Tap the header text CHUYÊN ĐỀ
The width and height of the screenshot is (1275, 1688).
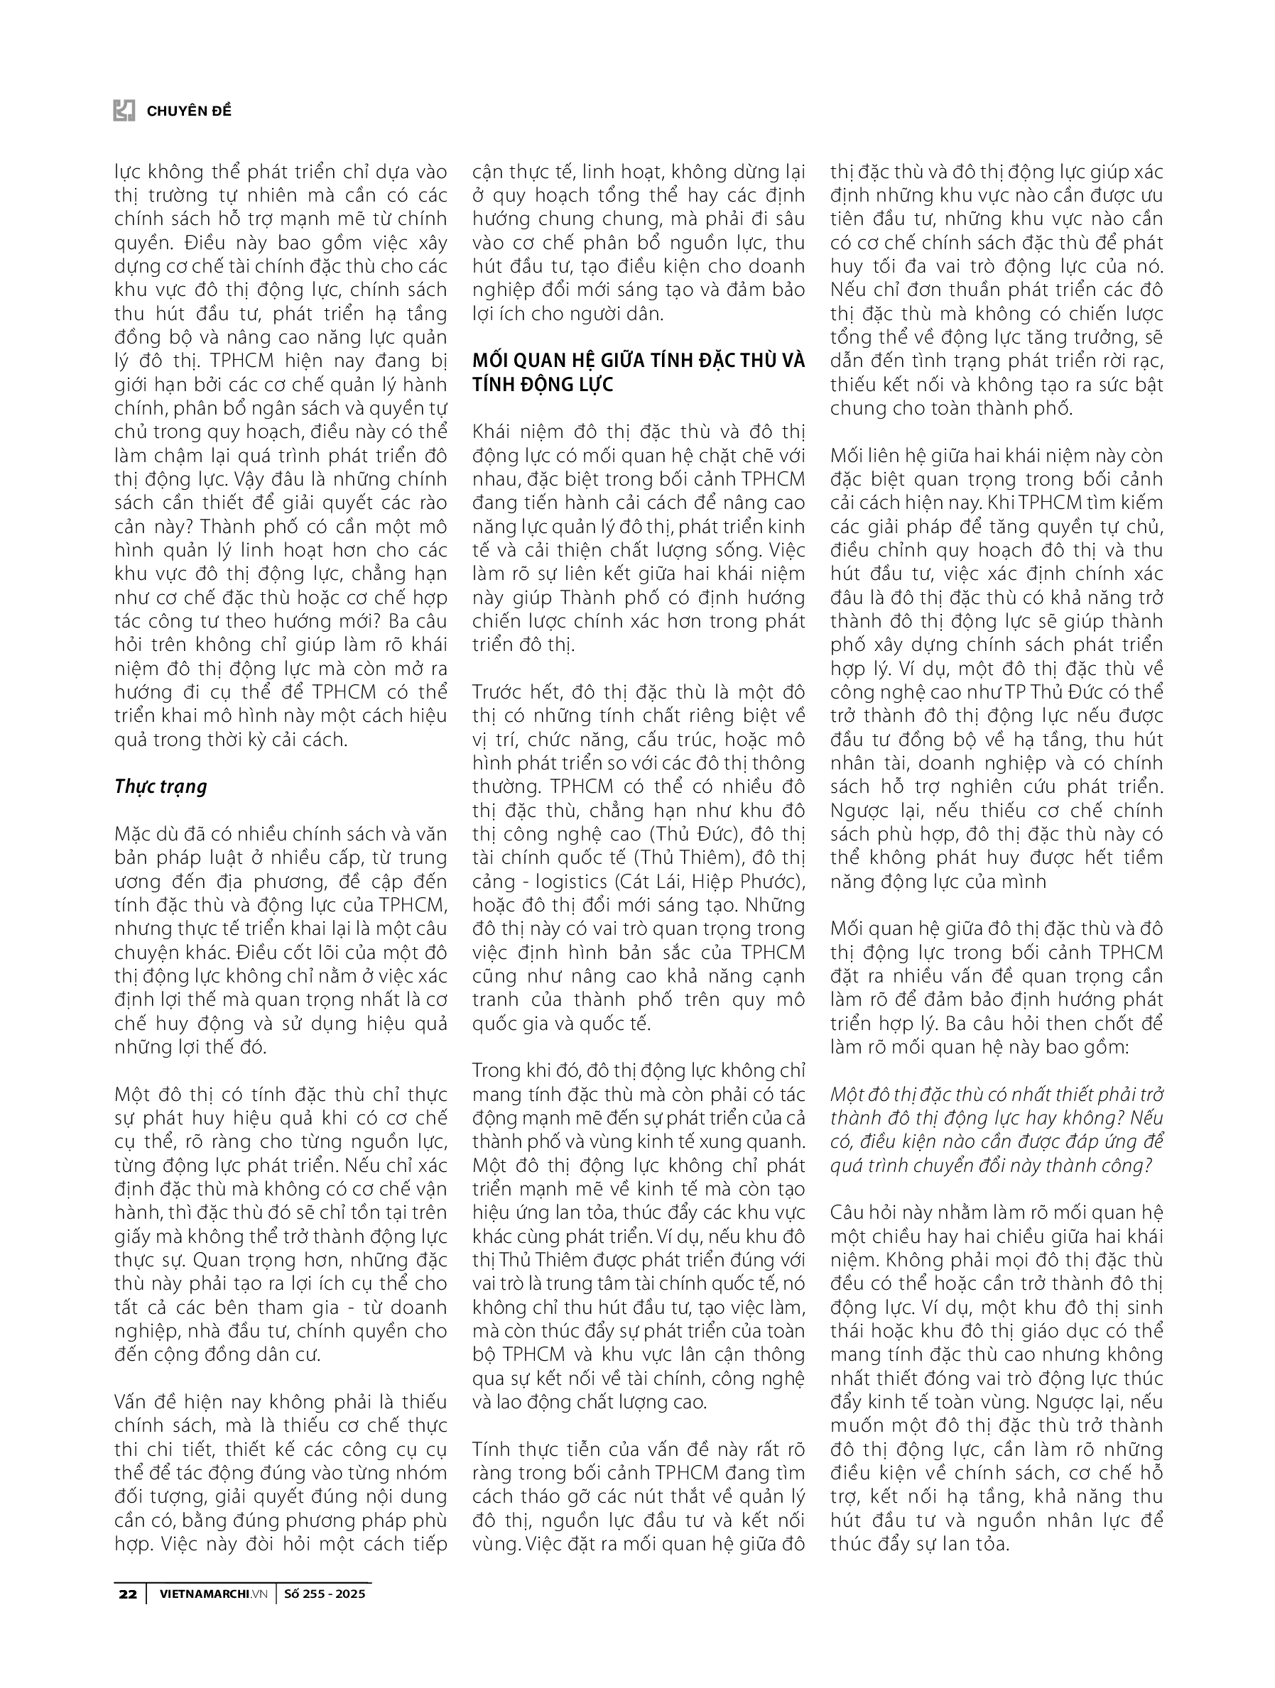188,111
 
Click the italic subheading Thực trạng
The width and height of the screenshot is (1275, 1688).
161,787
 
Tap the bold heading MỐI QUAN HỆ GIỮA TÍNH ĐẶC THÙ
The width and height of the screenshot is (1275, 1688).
639,360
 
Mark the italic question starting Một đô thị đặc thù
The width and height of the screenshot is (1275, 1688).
997,1095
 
